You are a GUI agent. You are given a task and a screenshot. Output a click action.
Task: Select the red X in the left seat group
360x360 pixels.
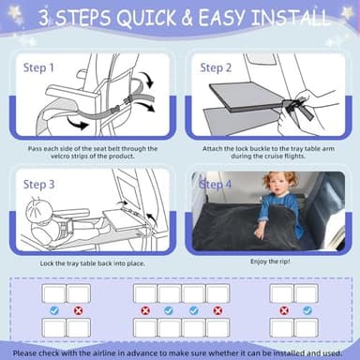pos(78,309)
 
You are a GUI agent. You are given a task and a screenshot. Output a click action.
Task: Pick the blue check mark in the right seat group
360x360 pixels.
pos(305,309)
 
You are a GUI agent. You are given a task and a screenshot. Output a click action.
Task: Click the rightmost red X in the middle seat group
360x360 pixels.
pos(217,309)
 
